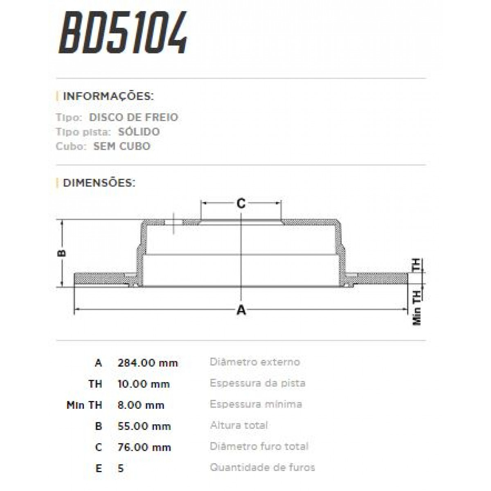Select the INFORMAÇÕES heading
pyautogui.click(x=108, y=97)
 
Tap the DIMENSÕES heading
pyautogui.click(x=99, y=182)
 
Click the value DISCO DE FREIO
pyautogui.click(x=133, y=117)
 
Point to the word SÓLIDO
pyautogui.click(x=139, y=132)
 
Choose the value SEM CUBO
pyautogui.click(x=122, y=146)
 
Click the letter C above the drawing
pyautogui.click(x=241, y=203)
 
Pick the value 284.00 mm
pyautogui.click(x=148, y=363)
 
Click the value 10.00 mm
pyautogui.click(x=144, y=384)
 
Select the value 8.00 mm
pyautogui.click(x=141, y=405)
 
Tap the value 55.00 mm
pyautogui.click(x=144, y=426)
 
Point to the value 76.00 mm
pyautogui.click(x=144, y=447)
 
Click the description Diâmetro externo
pyautogui.click(x=255, y=362)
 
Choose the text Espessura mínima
pyautogui.click(x=256, y=404)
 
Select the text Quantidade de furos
pyautogui.click(x=262, y=467)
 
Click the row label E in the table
pyautogui.click(x=99, y=468)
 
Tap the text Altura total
pyautogui.click(x=239, y=426)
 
